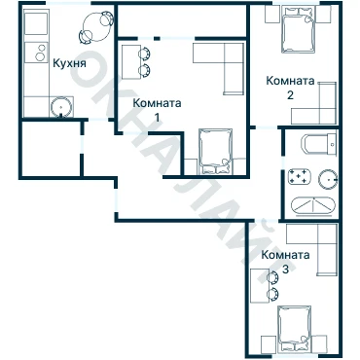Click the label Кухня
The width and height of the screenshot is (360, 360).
(70, 63)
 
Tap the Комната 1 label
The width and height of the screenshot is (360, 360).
(157, 110)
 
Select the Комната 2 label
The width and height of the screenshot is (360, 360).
(290, 87)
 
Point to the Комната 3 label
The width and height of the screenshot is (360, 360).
(285, 262)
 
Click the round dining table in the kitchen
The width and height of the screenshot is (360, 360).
(96, 26)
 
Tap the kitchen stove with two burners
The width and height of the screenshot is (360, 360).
(36, 53)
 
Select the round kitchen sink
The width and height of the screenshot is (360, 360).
(61, 107)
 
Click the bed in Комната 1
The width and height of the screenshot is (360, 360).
(215, 152)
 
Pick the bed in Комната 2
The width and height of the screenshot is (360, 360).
(299, 30)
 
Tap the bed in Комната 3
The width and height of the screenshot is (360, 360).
(295, 328)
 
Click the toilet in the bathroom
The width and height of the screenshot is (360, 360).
(319, 144)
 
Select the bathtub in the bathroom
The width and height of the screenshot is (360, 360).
(313, 206)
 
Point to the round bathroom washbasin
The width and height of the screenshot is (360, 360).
(328, 179)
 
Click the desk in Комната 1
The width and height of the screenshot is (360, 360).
(130, 61)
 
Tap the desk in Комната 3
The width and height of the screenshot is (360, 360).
(261, 286)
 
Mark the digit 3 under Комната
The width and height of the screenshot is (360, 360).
(285, 270)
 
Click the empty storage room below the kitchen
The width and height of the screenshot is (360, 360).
(51, 149)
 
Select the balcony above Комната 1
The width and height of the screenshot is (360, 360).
(183, 20)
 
